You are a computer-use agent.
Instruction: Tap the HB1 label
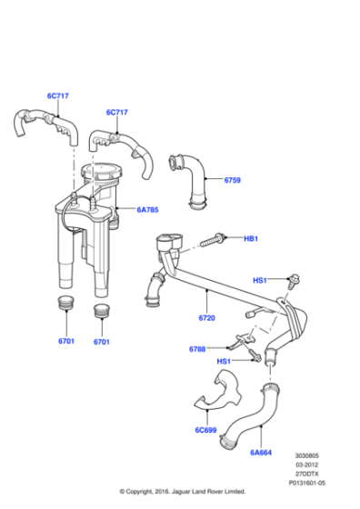click(251, 238)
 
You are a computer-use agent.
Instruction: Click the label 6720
click(206, 319)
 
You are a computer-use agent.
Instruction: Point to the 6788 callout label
click(197, 349)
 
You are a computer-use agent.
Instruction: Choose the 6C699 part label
click(206, 431)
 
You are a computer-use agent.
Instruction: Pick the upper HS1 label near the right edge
click(260, 281)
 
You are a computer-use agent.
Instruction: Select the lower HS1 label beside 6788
click(223, 361)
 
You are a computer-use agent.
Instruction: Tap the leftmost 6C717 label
click(59, 95)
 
